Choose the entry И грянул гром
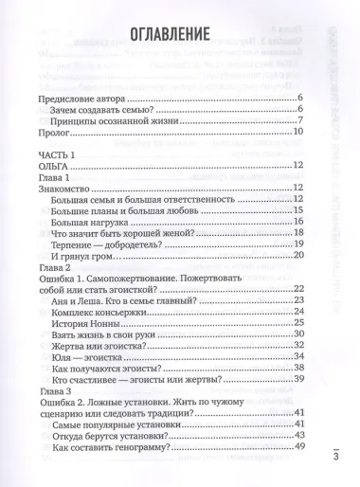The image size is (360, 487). point(102,256)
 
